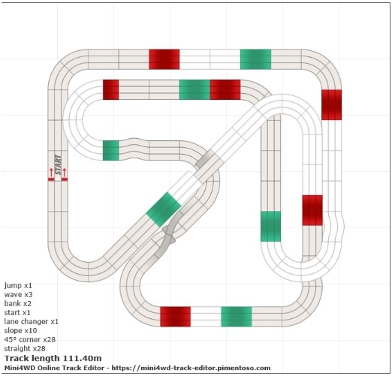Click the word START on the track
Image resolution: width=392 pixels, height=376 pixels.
tap(58, 164)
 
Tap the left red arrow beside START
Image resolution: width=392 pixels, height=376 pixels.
tap(51, 173)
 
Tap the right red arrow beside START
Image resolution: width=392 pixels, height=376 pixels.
tap(65, 173)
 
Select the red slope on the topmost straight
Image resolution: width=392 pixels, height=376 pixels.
tap(164, 59)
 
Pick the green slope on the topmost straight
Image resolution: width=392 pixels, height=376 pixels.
tap(255, 59)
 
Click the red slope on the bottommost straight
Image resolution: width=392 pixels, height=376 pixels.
tap(176, 317)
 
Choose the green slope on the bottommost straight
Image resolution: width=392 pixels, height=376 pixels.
tap(237, 317)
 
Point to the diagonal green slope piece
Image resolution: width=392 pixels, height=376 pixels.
tap(164, 209)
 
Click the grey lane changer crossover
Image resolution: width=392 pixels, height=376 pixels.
tap(169, 234)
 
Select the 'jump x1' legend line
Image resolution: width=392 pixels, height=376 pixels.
tap(18, 286)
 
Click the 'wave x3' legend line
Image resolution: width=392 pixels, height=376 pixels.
tap(18, 294)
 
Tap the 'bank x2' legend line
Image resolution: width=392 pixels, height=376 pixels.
tap(18, 303)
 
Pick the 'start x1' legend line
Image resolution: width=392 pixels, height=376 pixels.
tap(17, 312)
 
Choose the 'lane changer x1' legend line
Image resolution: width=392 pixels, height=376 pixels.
tap(31, 321)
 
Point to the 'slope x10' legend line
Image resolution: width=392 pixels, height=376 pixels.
tap(20, 330)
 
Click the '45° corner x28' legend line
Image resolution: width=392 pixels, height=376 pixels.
tap(30, 339)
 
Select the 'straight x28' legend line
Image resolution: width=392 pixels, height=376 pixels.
tap(25, 348)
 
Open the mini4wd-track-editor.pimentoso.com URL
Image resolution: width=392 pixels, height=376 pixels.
tap(191, 368)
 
